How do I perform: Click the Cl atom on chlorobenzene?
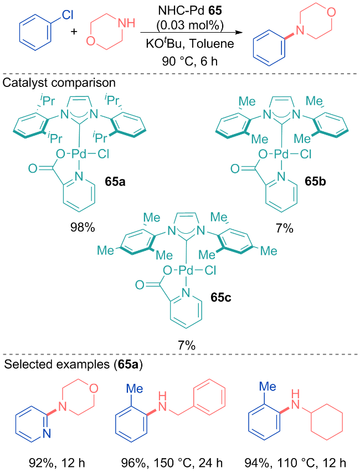68,14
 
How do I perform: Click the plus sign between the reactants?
74,31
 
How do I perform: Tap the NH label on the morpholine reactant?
126,23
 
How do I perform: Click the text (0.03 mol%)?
190,25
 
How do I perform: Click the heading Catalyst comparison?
59,83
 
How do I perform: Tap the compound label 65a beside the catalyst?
115,182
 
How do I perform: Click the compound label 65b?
315,182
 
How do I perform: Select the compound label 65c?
221,297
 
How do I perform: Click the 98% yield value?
83,228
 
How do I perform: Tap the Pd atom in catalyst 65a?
79,155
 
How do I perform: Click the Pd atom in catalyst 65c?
186,270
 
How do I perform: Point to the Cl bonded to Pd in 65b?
305,155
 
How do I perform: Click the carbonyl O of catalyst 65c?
140,285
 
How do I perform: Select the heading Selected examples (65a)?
73,364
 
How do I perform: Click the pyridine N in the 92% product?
47,434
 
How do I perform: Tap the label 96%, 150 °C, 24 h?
172,462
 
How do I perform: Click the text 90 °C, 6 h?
190,61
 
